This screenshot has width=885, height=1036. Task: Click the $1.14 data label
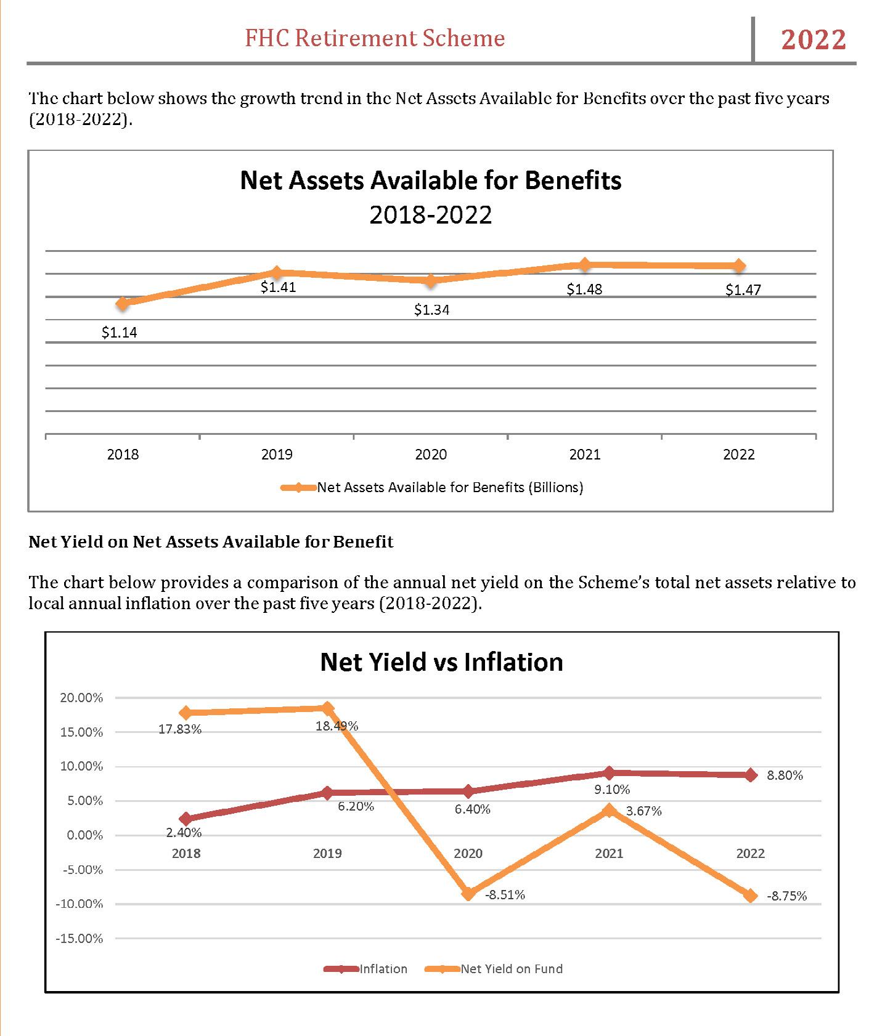(120, 333)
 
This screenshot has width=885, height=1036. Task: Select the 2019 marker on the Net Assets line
(277, 272)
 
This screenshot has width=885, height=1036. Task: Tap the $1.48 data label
(584, 289)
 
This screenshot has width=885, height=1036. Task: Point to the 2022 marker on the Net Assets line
(739, 266)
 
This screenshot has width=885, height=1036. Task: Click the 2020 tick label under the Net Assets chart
(431, 455)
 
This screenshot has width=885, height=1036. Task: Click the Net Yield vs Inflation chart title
(441, 662)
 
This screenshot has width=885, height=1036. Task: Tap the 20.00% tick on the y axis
(81, 698)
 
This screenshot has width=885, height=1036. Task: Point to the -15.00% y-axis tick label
(80, 939)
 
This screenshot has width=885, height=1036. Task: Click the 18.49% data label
(336, 726)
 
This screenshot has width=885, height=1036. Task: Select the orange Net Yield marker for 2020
(468, 893)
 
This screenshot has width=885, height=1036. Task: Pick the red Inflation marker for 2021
(610, 773)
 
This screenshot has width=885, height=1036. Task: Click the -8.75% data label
(786, 896)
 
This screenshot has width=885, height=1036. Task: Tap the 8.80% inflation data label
(785, 775)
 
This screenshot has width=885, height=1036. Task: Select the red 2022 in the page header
(814, 39)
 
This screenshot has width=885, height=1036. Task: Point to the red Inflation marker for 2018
(186, 819)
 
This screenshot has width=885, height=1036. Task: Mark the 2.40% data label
(184, 833)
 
